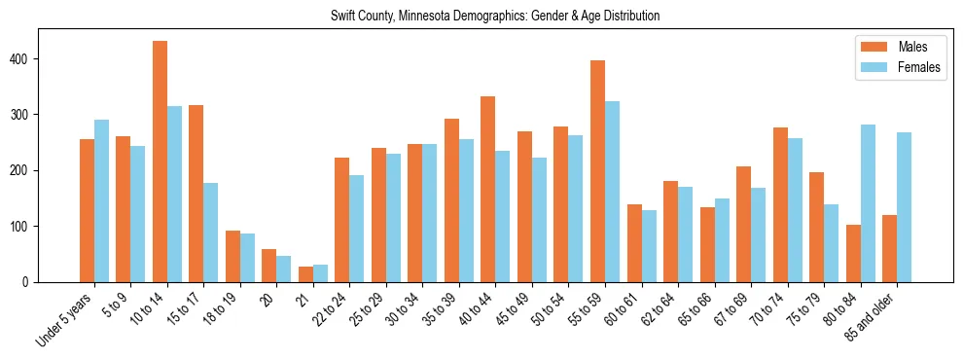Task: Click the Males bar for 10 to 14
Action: [160, 162]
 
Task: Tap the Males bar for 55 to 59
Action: [597, 171]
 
